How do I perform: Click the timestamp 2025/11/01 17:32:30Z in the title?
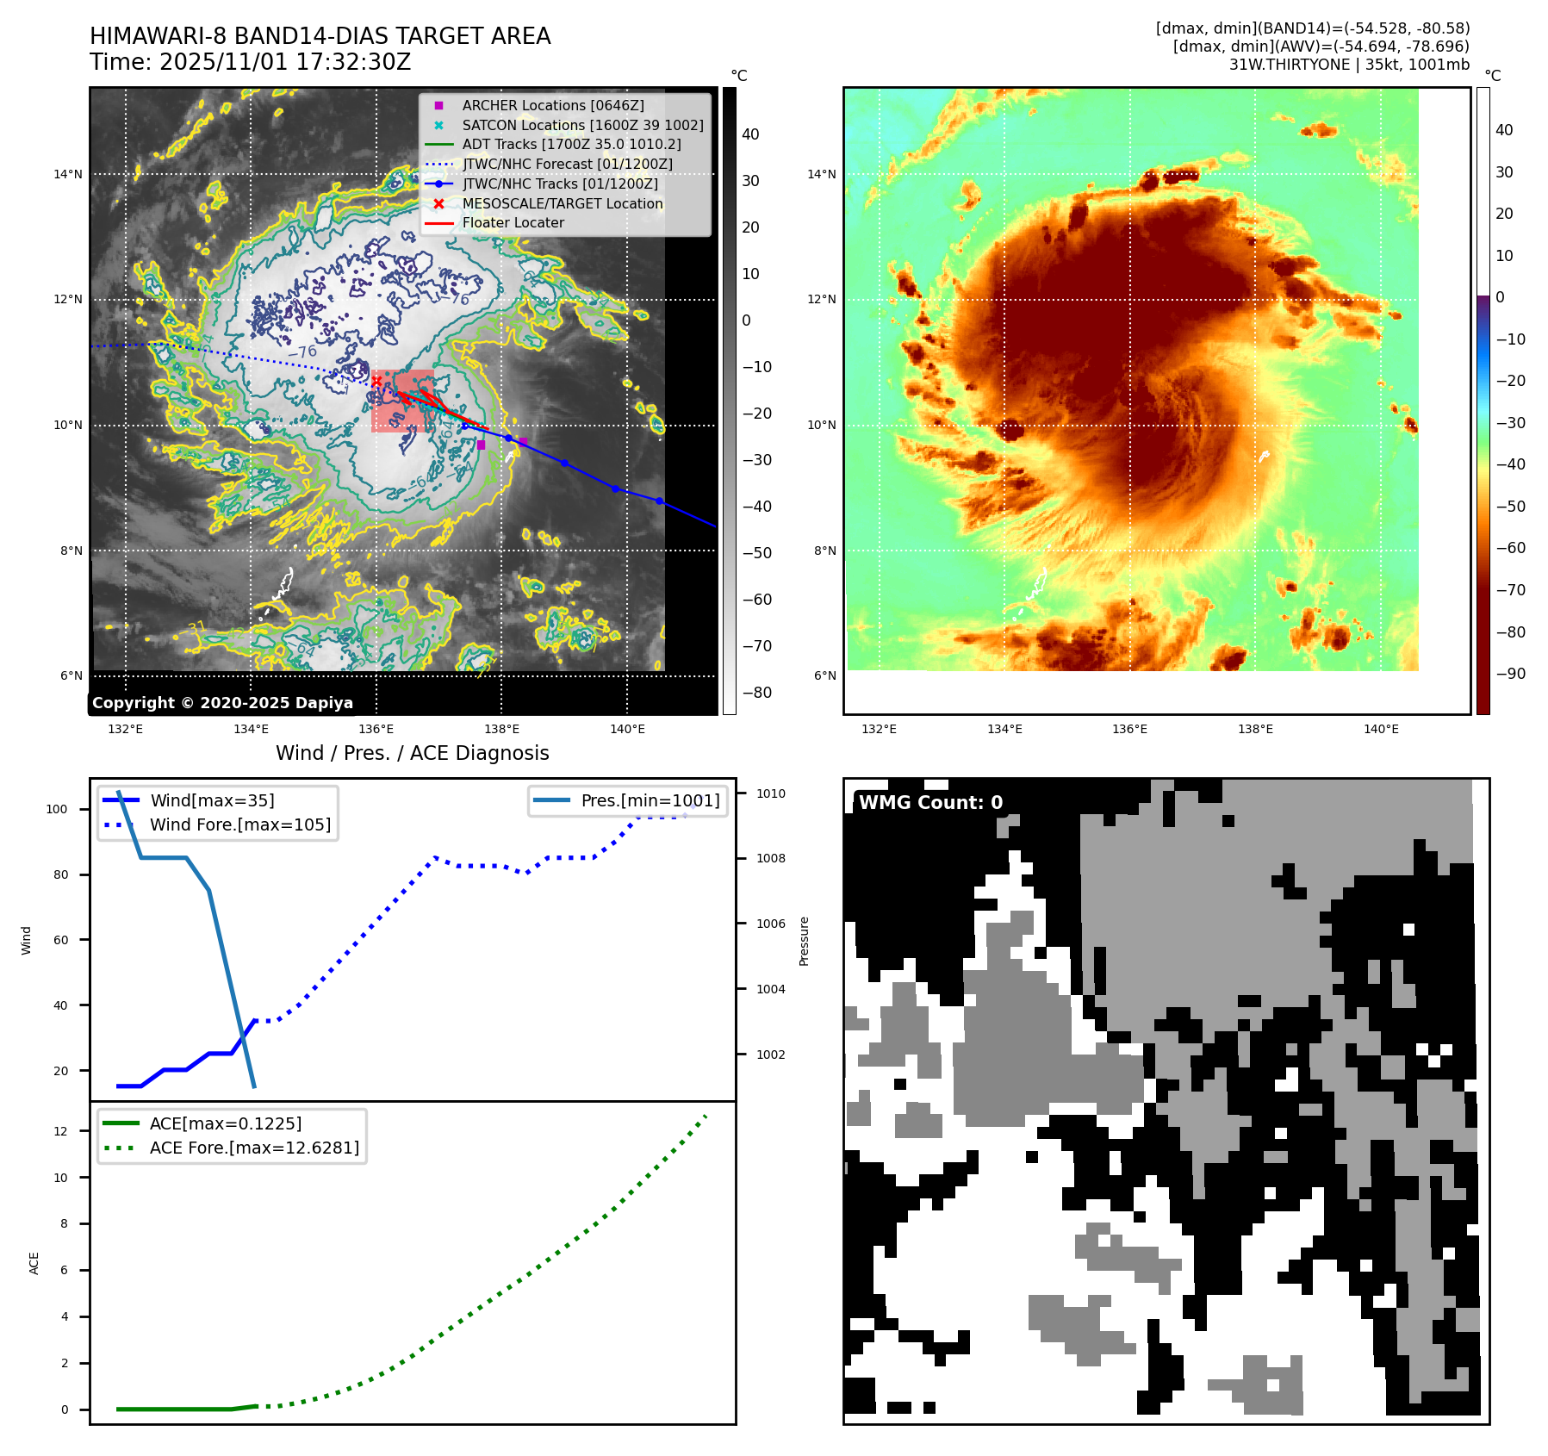click(x=285, y=62)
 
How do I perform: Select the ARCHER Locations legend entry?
click(x=552, y=105)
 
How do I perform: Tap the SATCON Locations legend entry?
click(x=582, y=125)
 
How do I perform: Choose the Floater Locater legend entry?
click(x=513, y=222)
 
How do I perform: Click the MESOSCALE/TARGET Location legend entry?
click(x=563, y=203)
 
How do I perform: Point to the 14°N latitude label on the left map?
click(x=68, y=174)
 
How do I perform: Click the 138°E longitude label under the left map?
click(x=501, y=729)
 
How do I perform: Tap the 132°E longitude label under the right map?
click(x=879, y=729)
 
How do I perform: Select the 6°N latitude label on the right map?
click(x=824, y=675)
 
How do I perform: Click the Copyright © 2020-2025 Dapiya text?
click(x=222, y=703)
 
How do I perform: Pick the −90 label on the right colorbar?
click(x=1510, y=674)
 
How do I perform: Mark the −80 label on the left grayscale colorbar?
click(x=757, y=693)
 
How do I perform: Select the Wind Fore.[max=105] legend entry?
click(x=239, y=824)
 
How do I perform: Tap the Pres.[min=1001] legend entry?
click(x=650, y=800)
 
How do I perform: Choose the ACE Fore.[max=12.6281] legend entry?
click(x=254, y=1148)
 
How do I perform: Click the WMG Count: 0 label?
click(x=930, y=803)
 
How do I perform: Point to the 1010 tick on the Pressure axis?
click(x=771, y=793)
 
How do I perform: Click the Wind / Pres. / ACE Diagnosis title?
click(x=412, y=753)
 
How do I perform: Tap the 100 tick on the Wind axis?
click(x=57, y=809)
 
